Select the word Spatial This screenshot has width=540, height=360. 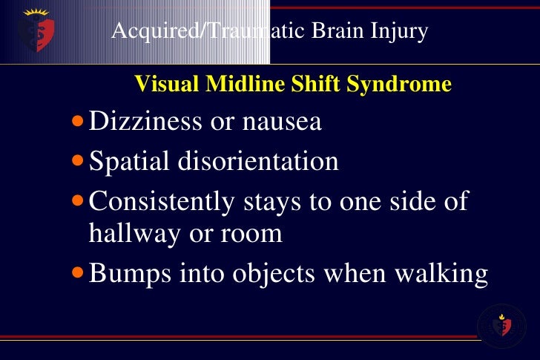tap(131, 161)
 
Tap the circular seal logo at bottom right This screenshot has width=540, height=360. tap(502, 325)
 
